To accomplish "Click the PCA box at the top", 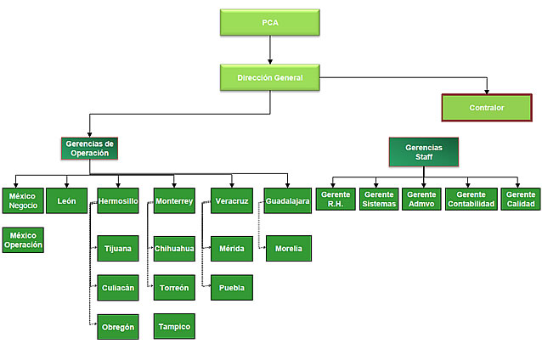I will (x=270, y=23).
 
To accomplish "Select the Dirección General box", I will (x=270, y=78).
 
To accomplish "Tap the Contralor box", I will (x=487, y=108).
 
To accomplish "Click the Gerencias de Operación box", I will (x=89, y=149).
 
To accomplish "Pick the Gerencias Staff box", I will (x=423, y=152).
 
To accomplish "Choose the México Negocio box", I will (x=23, y=200).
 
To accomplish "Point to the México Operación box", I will (x=23, y=239).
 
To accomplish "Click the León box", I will (x=67, y=200).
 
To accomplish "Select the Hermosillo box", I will (x=118, y=200).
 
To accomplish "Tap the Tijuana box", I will (x=118, y=249).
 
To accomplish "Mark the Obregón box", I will (x=118, y=327).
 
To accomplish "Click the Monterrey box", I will (x=174, y=200).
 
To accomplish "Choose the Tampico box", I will (x=174, y=326).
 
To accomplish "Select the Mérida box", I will (x=231, y=249).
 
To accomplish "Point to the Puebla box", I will (x=231, y=288).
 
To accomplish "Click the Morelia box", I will (x=288, y=249).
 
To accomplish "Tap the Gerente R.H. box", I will (x=335, y=200).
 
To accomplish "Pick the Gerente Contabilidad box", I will (x=471, y=200).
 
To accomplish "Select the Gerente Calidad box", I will (x=520, y=200).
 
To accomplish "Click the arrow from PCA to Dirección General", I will (x=270, y=50).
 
